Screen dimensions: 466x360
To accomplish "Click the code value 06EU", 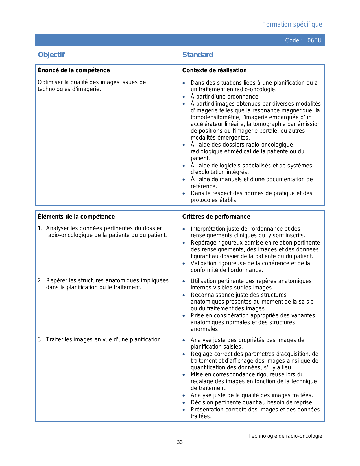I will [315, 40].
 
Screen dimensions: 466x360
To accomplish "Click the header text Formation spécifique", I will [292, 25].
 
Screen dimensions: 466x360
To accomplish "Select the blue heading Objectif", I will [51, 55].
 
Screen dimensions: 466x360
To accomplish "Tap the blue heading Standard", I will [198, 55].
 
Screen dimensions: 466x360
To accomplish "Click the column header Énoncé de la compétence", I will [74, 70].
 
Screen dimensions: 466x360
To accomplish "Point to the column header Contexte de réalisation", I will [214, 70].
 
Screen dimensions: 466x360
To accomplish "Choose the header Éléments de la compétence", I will [76, 217].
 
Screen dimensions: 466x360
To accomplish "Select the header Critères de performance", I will [216, 217].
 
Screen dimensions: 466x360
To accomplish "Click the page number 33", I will [180, 442].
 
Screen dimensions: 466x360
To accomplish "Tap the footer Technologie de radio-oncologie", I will [285, 436].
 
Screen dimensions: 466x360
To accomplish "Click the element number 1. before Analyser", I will [40, 228].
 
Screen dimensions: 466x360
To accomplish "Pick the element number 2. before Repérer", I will [40, 280].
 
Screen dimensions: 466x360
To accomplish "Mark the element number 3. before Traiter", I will [40, 339].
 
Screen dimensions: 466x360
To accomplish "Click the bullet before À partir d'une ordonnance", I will [184, 97].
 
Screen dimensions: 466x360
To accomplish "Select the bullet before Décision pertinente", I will [184, 403].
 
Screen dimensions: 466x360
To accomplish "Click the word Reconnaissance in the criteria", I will [210, 295].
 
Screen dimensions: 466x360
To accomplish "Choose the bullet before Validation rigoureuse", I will [184, 264].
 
